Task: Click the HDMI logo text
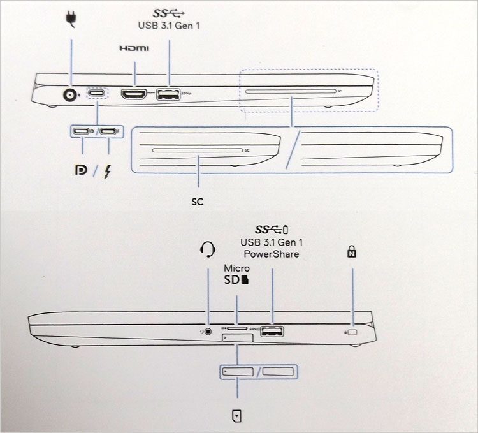pos(134,48)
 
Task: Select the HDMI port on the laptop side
pos(134,95)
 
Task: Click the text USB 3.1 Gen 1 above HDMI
pos(170,26)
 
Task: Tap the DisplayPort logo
pos(81,171)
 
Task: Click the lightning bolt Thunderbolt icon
pos(109,172)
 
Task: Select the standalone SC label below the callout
pos(198,202)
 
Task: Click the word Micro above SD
pos(236,268)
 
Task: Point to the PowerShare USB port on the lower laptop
pos(272,331)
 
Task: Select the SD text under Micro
pos(233,280)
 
